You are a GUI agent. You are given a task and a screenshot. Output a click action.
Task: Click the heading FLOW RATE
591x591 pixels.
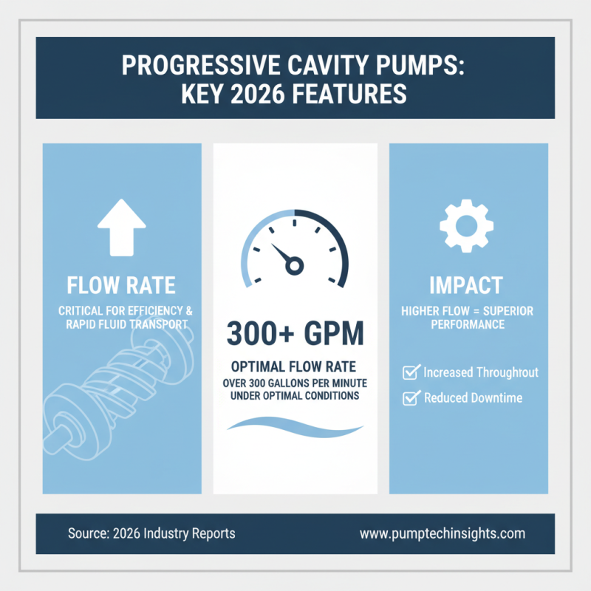122,285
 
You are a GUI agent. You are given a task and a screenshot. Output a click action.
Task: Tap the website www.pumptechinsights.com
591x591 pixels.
442,533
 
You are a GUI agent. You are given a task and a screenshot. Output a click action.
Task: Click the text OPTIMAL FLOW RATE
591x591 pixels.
295,367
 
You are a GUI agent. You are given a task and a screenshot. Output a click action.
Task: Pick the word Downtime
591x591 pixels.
495,398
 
